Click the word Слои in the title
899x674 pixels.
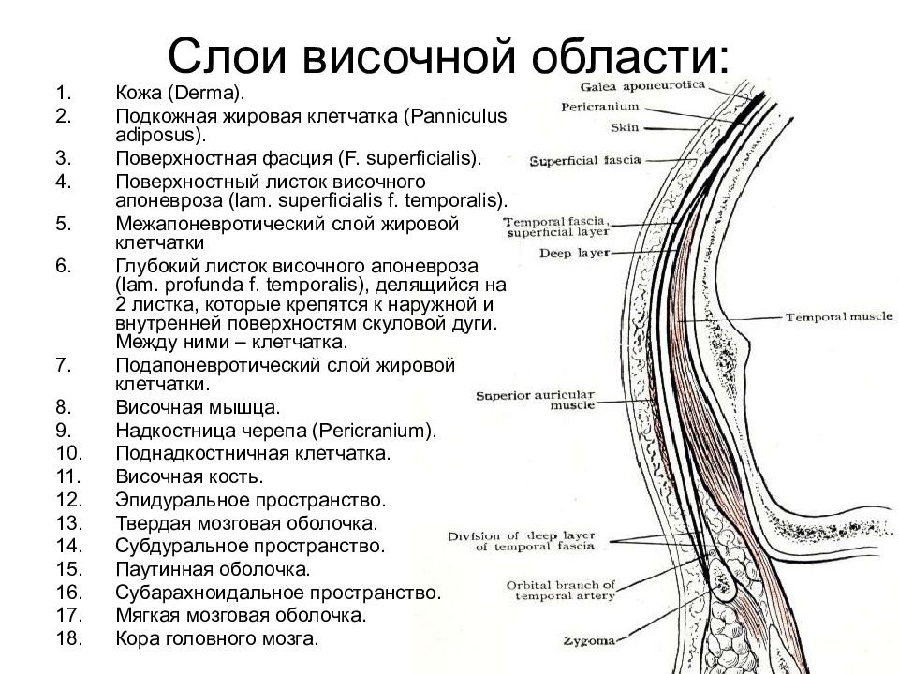tap(227, 55)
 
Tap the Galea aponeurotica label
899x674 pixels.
tap(642, 86)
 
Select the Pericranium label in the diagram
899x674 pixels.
tap(599, 107)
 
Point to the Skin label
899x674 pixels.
tap(625, 127)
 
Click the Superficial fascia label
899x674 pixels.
tap(585, 160)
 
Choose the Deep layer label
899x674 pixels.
tap(574, 253)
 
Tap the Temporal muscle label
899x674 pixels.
tap(839, 317)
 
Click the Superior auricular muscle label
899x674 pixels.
tap(536, 400)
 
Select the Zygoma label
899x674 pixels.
tap(589, 640)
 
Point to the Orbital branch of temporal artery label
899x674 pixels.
tap(561, 591)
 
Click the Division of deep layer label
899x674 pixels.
tap(522, 541)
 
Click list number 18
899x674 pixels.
tap(69, 637)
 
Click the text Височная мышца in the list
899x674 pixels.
tap(198, 407)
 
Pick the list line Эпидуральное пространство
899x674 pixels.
tap(251, 500)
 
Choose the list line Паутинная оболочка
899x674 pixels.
tap(213, 569)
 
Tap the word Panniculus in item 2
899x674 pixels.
tap(455, 116)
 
